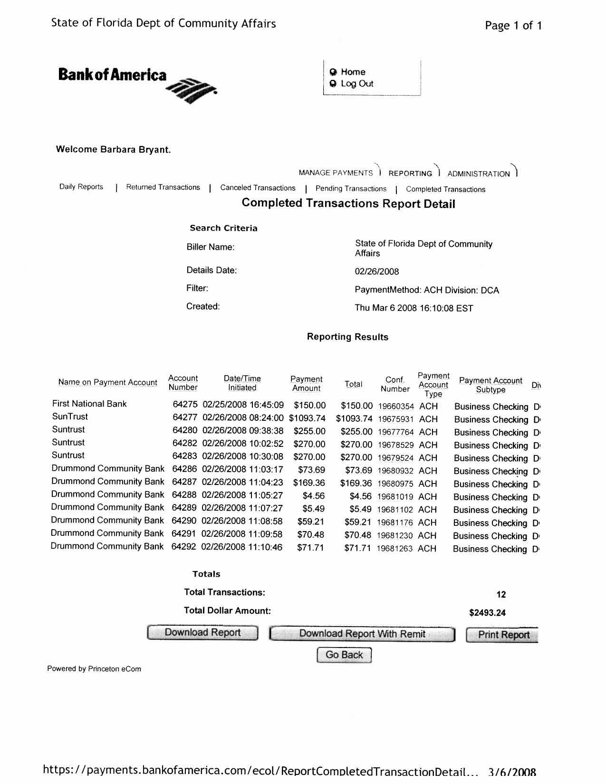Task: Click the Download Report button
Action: coord(202,633)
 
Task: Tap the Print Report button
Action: coord(502,635)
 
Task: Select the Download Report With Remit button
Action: coord(362,634)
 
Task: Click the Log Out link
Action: coord(356,84)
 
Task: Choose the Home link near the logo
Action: coord(353,72)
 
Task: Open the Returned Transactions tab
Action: coord(163,187)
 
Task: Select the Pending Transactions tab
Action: coord(351,189)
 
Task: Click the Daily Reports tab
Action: coord(81,187)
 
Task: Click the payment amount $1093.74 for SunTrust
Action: coord(307,418)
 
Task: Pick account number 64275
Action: coord(184,405)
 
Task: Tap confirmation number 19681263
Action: coord(394,549)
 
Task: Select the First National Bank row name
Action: coord(89,404)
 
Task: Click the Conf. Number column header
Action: coord(394,384)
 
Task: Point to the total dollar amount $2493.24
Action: coord(487,613)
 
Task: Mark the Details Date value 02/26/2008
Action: coord(376,271)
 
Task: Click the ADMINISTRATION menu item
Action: coord(478,174)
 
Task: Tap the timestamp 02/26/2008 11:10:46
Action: coord(241,547)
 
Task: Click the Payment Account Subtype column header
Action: coord(491,385)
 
